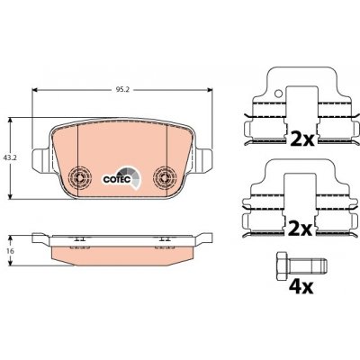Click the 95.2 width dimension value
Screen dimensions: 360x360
point(122,90)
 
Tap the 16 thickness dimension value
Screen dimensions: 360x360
point(11,251)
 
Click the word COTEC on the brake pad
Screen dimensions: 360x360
point(117,179)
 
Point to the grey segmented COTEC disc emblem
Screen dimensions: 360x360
point(130,177)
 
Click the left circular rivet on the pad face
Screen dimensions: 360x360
point(79,177)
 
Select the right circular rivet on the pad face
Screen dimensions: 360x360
point(164,177)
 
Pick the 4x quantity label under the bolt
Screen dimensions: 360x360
point(301,287)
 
